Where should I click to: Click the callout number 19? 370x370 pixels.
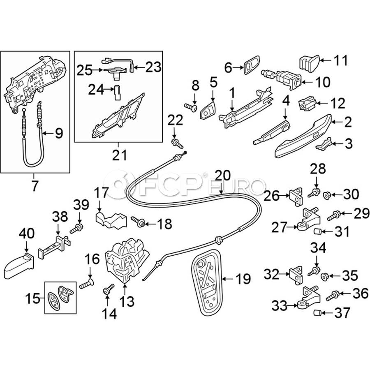(243, 279)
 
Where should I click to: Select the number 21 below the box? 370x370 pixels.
(118, 155)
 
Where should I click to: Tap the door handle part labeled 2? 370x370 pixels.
(304, 136)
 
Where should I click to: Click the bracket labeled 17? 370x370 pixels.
(110, 220)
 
